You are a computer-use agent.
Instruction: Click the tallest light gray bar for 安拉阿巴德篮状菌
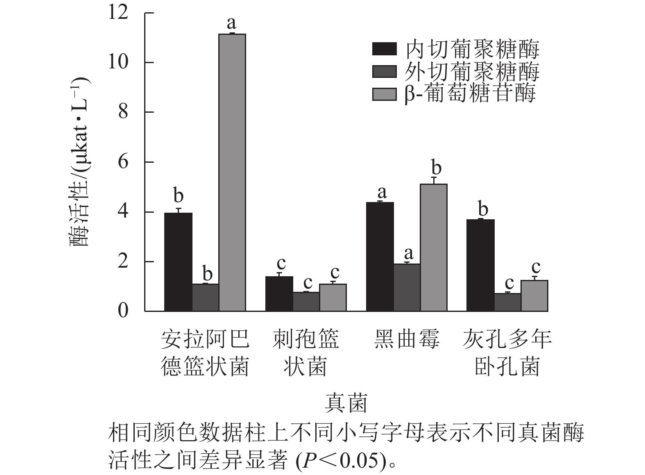tap(232, 172)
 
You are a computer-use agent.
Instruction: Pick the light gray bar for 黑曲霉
tap(434, 248)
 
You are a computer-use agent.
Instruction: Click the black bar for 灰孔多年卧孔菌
tap(481, 266)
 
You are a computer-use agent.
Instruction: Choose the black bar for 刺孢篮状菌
tap(279, 294)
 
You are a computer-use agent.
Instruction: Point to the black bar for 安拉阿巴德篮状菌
tap(179, 262)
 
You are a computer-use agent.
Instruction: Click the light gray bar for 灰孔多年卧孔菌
tap(534, 295)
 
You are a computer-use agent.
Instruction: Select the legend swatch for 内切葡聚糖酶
tap(384, 49)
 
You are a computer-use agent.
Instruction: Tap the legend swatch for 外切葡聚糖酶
tap(384, 71)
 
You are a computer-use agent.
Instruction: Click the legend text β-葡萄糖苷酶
tap(470, 93)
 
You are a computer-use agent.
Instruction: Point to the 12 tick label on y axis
tap(118, 13)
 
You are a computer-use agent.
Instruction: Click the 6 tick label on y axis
tap(123, 162)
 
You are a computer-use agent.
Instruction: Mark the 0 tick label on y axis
tap(123, 311)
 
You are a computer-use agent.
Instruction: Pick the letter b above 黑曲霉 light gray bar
tap(437, 168)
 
